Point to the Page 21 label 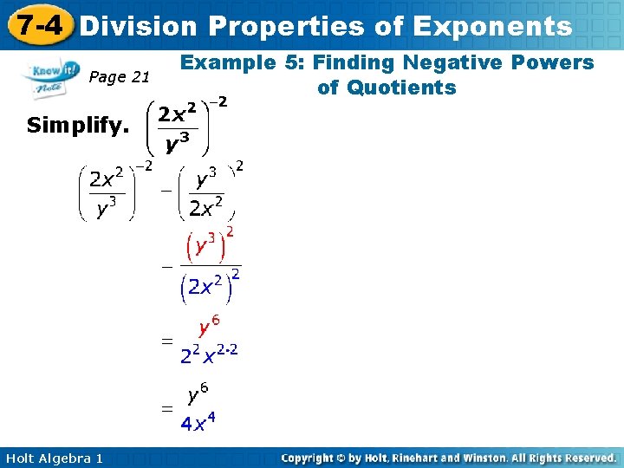(x=120, y=77)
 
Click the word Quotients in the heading (x=387, y=88)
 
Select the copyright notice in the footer (x=449, y=457)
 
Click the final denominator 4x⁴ (x=198, y=424)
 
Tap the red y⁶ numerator (x=208, y=327)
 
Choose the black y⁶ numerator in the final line (x=198, y=395)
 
